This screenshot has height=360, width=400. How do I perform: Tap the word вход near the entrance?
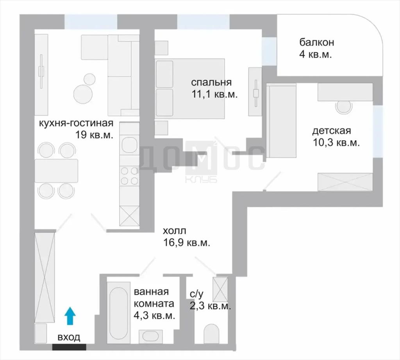69,338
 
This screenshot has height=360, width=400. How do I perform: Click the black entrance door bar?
69,347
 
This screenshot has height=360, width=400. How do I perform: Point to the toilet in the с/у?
211,334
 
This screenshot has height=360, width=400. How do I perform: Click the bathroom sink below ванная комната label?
150,337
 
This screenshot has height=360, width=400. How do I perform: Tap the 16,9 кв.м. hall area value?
187,243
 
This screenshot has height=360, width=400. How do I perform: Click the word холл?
175,231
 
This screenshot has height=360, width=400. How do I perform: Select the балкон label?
316,42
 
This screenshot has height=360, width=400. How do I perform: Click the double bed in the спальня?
190,89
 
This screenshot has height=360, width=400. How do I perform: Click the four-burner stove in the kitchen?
130,176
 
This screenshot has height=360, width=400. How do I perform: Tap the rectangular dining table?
56,171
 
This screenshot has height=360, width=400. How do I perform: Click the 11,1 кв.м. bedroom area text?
214,94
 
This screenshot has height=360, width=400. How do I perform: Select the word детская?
332,131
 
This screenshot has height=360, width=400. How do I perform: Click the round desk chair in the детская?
343,107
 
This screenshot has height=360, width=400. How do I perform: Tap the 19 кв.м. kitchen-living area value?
94,135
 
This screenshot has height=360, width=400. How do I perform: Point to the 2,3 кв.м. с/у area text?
211,306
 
